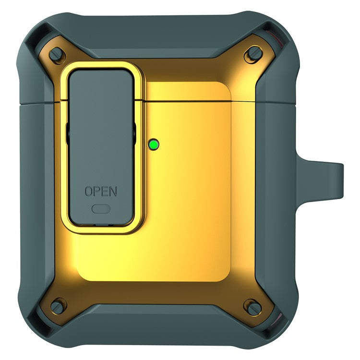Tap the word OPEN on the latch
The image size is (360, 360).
[x=100, y=191]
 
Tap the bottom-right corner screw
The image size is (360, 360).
[x=252, y=305]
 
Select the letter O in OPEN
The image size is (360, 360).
[x=89, y=191]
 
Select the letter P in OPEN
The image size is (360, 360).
[x=96, y=191]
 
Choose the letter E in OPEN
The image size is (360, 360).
[x=104, y=191]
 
